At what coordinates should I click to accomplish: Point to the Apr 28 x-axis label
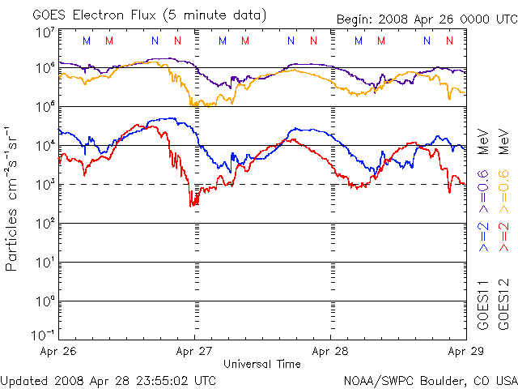[x=330, y=352]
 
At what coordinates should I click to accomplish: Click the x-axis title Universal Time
[x=262, y=364]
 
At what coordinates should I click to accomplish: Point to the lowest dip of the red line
[x=193, y=206]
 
